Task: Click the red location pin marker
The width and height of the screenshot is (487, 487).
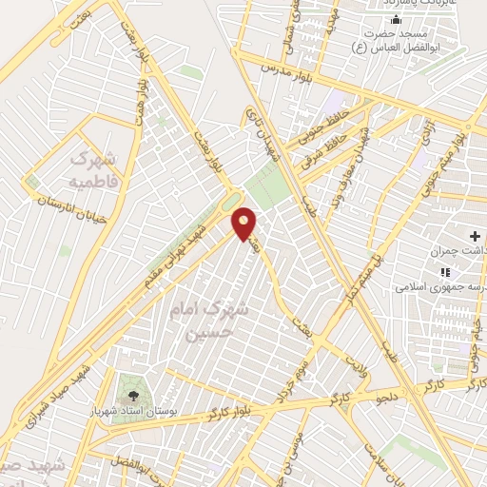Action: (244, 224)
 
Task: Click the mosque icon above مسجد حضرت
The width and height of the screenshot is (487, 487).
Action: (396, 20)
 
